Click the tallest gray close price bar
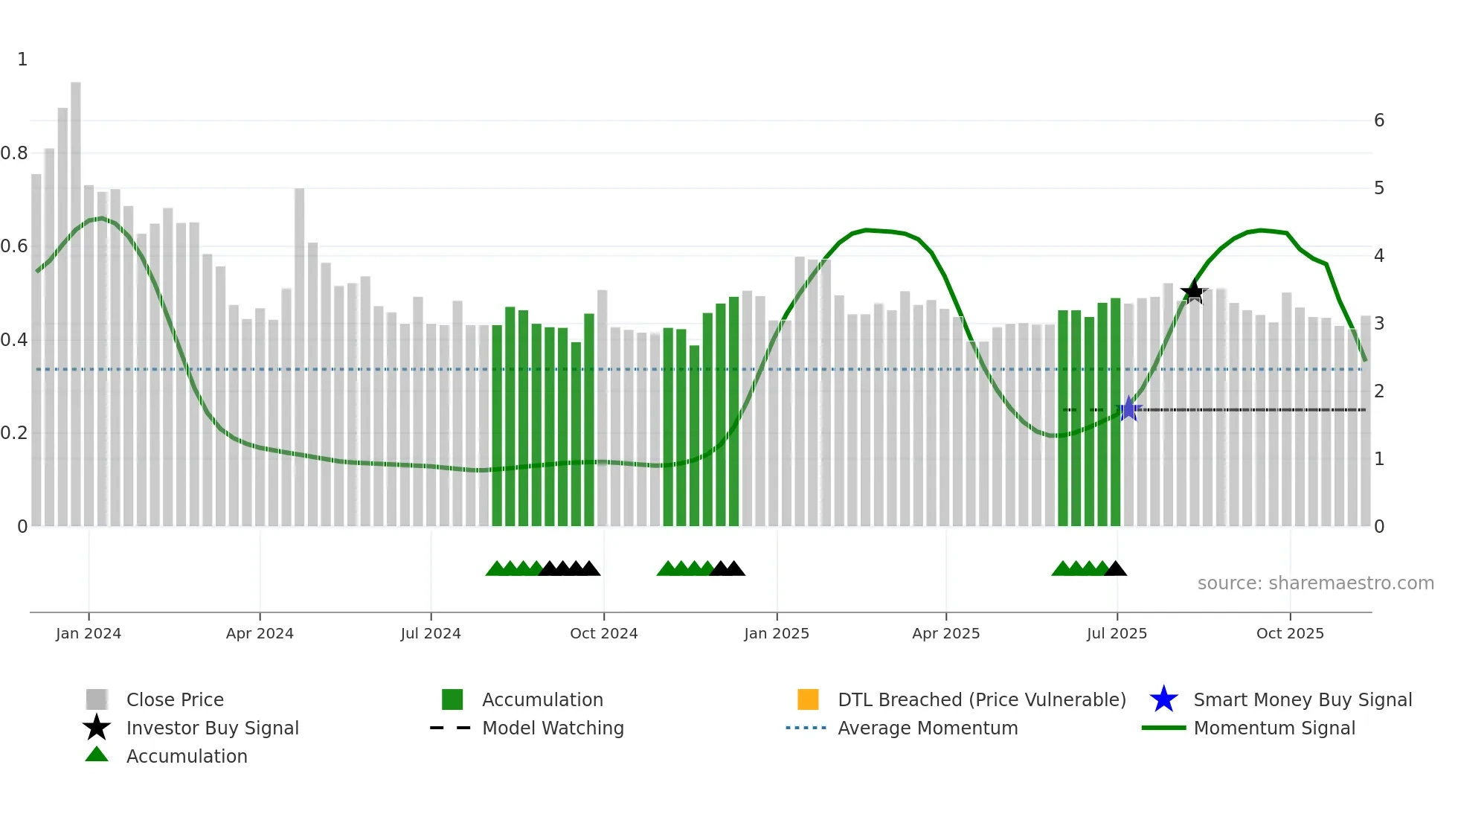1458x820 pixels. (76, 298)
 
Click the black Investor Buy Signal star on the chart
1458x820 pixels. (1194, 292)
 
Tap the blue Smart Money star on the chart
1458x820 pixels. (1129, 409)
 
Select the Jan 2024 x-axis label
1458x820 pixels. (89, 633)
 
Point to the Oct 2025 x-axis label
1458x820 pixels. (1290, 633)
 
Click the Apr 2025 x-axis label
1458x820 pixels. (945, 633)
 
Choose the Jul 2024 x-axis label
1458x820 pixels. (431, 633)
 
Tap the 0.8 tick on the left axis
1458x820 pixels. (15, 153)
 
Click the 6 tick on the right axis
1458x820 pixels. (1379, 121)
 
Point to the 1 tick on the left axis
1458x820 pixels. (22, 60)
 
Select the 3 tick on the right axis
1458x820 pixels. (1379, 324)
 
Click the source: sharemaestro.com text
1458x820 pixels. (1315, 583)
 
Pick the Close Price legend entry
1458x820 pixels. (175, 699)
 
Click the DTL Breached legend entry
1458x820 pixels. (981, 699)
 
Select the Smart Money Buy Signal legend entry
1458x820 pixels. (1302, 699)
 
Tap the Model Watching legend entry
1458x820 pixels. (553, 728)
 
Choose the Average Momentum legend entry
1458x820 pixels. (928, 728)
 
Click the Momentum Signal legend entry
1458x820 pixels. (1274, 728)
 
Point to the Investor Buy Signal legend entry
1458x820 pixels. (212, 728)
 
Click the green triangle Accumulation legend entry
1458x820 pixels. (186, 756)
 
